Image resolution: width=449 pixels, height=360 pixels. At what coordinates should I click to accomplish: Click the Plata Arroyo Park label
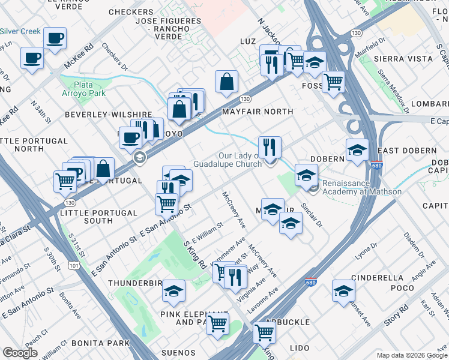[91, 89]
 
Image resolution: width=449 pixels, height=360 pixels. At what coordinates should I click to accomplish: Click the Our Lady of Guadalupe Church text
[228, 160]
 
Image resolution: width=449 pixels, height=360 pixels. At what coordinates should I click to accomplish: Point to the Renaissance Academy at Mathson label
[362, 187]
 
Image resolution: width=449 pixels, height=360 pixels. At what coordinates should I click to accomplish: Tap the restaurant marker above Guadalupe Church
[270, 147]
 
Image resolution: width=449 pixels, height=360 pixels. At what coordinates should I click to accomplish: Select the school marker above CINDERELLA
[343, 291]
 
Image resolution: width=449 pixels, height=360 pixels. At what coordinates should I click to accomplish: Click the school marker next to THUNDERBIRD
[174, 291]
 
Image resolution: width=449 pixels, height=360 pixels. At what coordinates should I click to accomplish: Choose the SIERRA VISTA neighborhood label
[403, 59]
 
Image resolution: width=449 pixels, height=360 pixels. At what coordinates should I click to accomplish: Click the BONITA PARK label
[100, 343]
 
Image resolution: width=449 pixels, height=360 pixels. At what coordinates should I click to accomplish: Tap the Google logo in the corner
[20, 353]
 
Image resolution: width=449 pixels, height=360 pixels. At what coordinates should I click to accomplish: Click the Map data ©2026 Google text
[411, 355]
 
